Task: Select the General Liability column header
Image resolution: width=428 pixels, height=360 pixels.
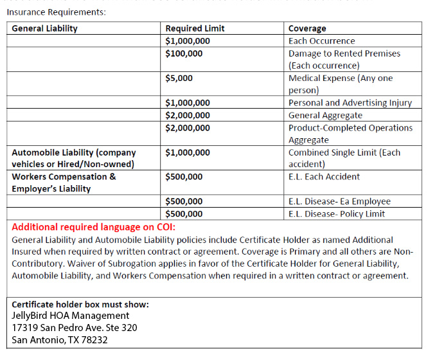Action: point(44,28)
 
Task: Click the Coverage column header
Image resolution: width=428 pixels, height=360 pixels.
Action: point(307,28)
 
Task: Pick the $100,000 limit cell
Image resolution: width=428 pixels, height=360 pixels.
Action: point(184,53)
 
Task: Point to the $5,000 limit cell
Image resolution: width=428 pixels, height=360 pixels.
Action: point(179,78)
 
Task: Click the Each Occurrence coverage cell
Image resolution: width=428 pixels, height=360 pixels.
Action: point(321,40)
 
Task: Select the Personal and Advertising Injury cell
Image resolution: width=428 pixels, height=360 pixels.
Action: point(350,103)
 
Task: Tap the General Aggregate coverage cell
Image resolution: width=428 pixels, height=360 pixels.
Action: point(325,115)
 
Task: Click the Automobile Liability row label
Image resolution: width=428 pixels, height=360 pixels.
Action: point(74,158)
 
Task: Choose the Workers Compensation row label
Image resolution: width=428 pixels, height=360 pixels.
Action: point(64,183)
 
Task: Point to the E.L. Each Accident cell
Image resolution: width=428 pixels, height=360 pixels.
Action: point(324,177)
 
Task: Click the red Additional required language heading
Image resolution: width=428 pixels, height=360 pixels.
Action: point(93,227)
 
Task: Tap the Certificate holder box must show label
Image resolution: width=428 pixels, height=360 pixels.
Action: point(80,304)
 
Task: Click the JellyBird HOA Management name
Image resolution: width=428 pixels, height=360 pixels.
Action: point(70,316)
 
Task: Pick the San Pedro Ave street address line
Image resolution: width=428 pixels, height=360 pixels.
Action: point(74,328)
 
